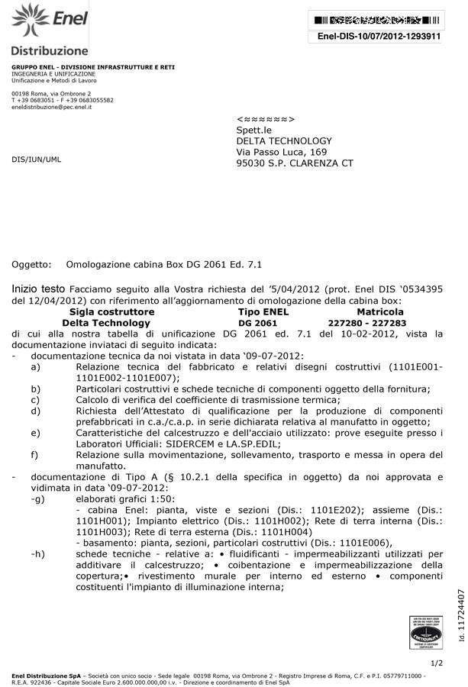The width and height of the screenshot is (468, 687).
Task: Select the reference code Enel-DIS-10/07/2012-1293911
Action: pyautogui.click(x=379, y=36)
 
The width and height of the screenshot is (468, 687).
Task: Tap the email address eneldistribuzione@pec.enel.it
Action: pyautogui.click(x=51, y=107)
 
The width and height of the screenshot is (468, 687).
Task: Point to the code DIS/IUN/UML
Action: pyautogui.click(x=36, y=160)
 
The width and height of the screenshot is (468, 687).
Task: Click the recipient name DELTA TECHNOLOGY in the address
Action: pyautogui.click(x=284, y=140)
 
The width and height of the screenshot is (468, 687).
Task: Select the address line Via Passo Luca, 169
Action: pyautogui.click(x=281, y=152)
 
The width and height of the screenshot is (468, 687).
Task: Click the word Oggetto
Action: pyautogui.click(x=31, y=265)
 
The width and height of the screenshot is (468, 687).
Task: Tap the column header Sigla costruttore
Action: pyautogui.click(x=111, y=312)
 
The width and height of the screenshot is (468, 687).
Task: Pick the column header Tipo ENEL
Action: pyautogui.click(x=263, y=312)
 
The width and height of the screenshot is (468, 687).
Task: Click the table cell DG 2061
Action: pyautogui.click(x=257, y=323)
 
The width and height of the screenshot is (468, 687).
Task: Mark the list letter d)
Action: pyautogui.click(x=35, y=411)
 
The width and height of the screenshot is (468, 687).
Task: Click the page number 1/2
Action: pyautogui.click(x=437, y=663)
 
